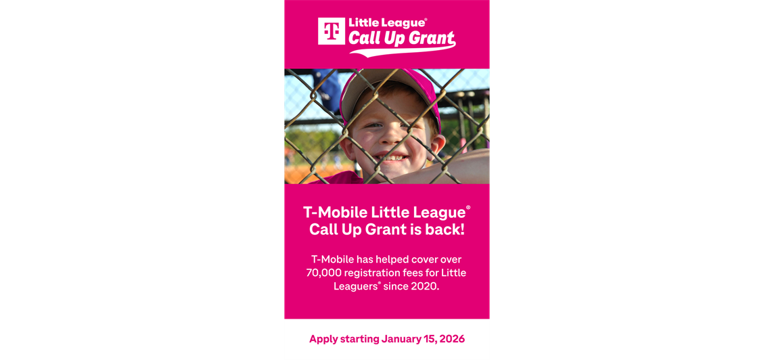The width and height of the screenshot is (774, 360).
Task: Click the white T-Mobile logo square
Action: click(331, 31)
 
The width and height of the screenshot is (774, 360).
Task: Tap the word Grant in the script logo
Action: click(430, 39)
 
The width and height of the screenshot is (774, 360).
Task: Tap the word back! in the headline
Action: click(445, 229)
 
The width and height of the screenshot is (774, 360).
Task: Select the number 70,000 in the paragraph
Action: click(323, 273)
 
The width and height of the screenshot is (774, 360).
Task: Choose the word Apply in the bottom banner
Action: click(323, 339)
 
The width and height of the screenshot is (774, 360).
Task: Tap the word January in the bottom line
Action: click(403, 339)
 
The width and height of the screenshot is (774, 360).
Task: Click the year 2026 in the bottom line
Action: click(451, 339)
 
